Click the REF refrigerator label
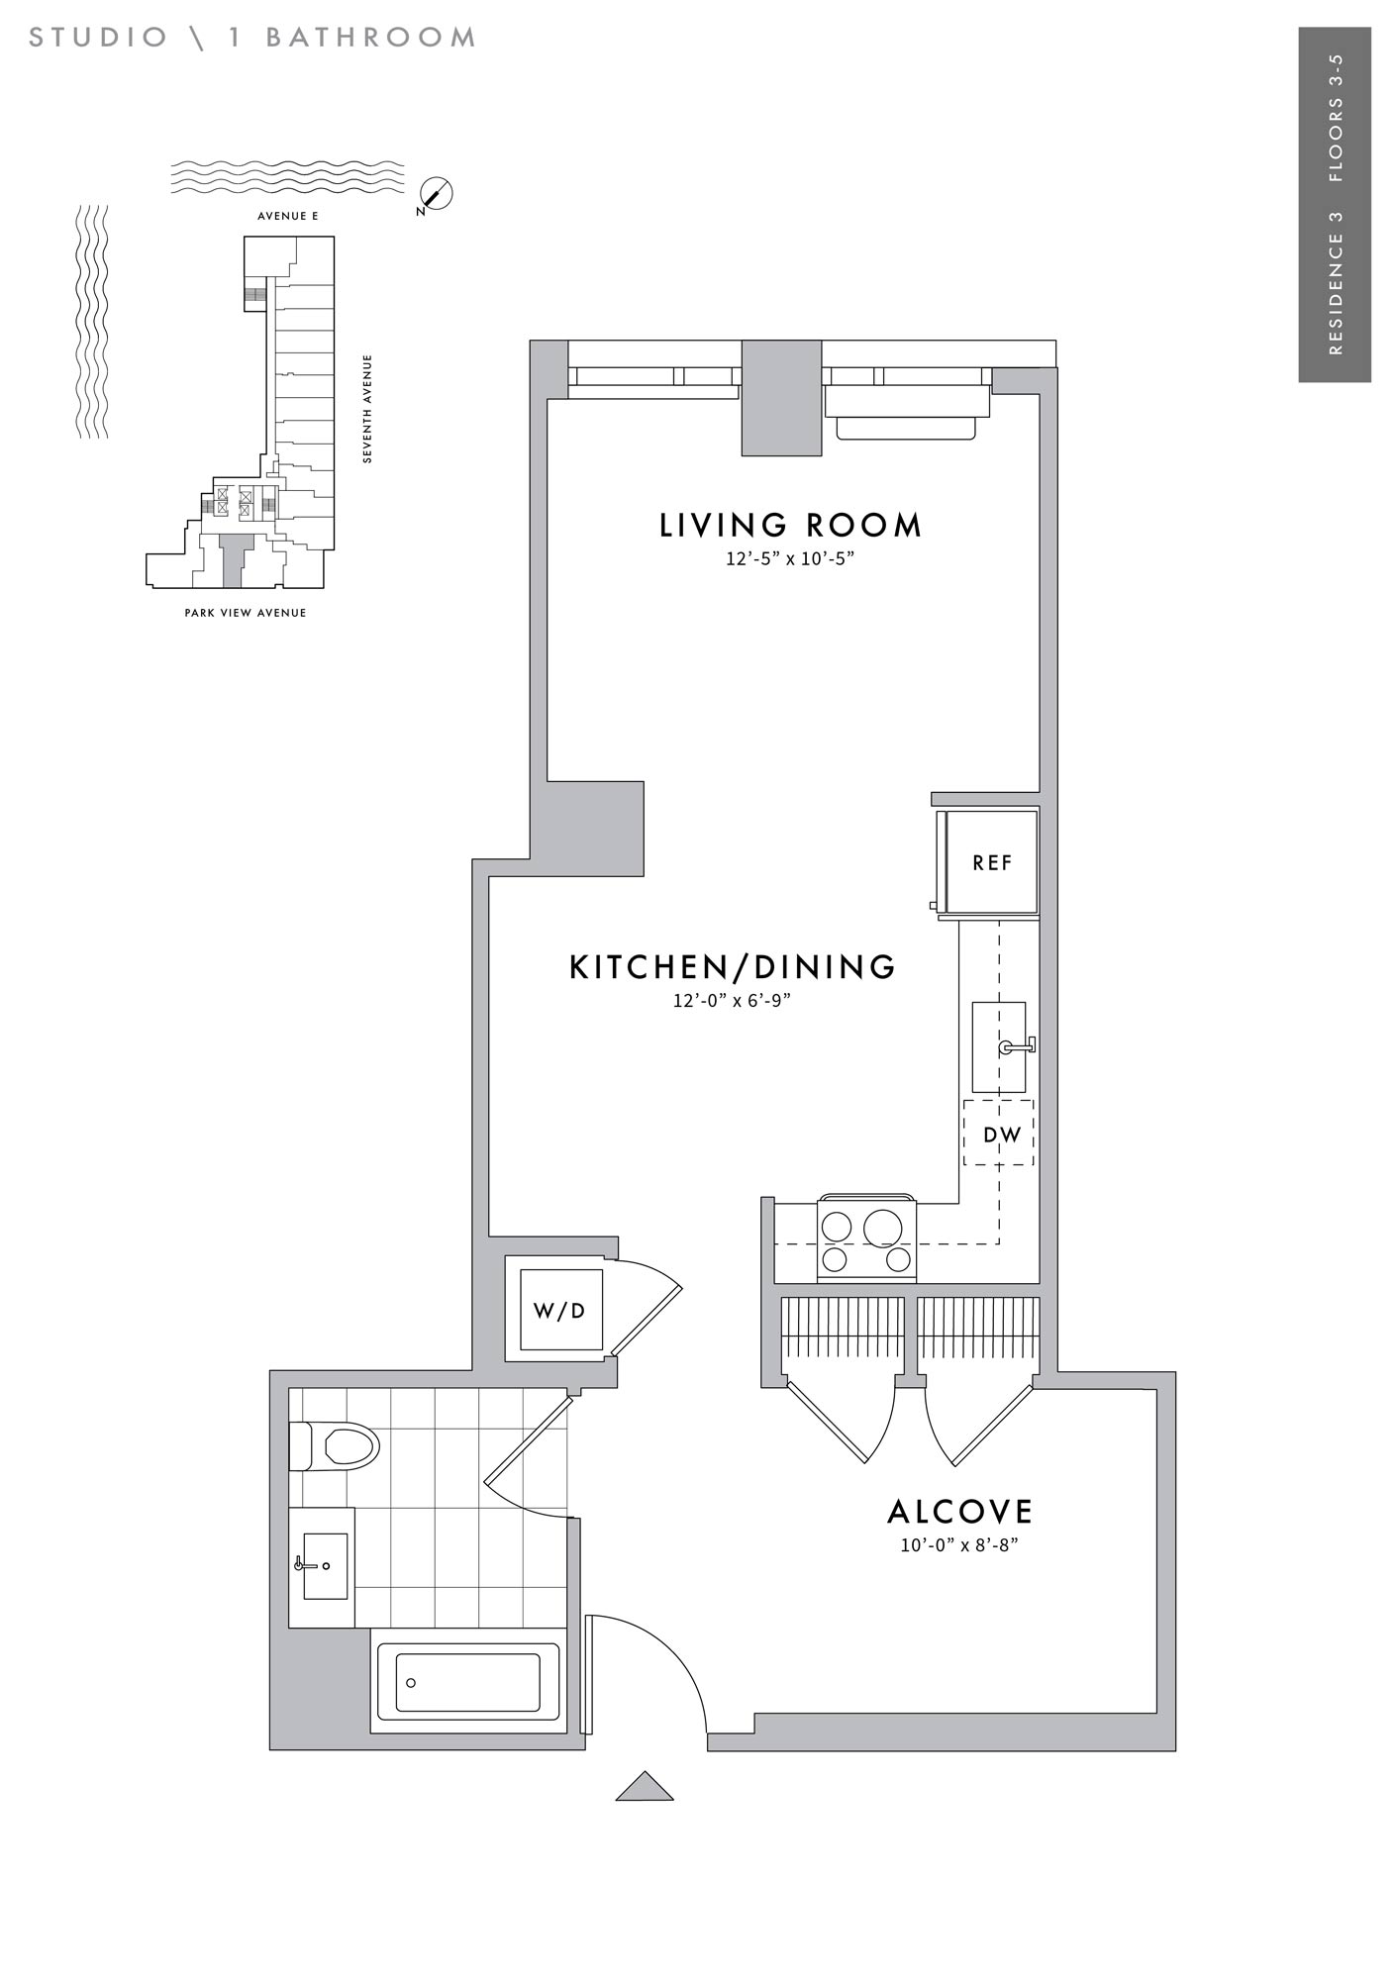pyautogui.click(x=992, y=862)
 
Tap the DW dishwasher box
pyautogui.click(x=999, y=1133)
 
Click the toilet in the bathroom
pyautogui.click(x=335, y=1446)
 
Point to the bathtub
pyautogui.click(x=468, y=1682)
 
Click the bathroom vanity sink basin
pyautogui.click(x=325, y=1566)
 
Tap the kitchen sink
pyautogui.click(x=1000, y=1047)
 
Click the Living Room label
pyautogui.click(x=790, y=526)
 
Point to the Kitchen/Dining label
pyautogui.click(x=733, y=967)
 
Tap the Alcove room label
pyautogui.click(x=960, y=1512)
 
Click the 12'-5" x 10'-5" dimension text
pyautogui.click(x=790, y=559)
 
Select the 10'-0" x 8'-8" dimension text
pyautogui.click(x=959, y=1545)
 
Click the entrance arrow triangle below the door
pyautogui.click(x=645, y=1787)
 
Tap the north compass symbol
pyautogui.click(x=435, y=196)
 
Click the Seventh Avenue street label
pyautogui.click(x=367, y=409)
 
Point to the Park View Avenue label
pyautogui.click(x=246, y=613)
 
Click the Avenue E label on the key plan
pyautogui.click(x=288, y=216)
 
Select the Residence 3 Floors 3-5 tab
pyautogui.click(x=1335, y=204)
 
